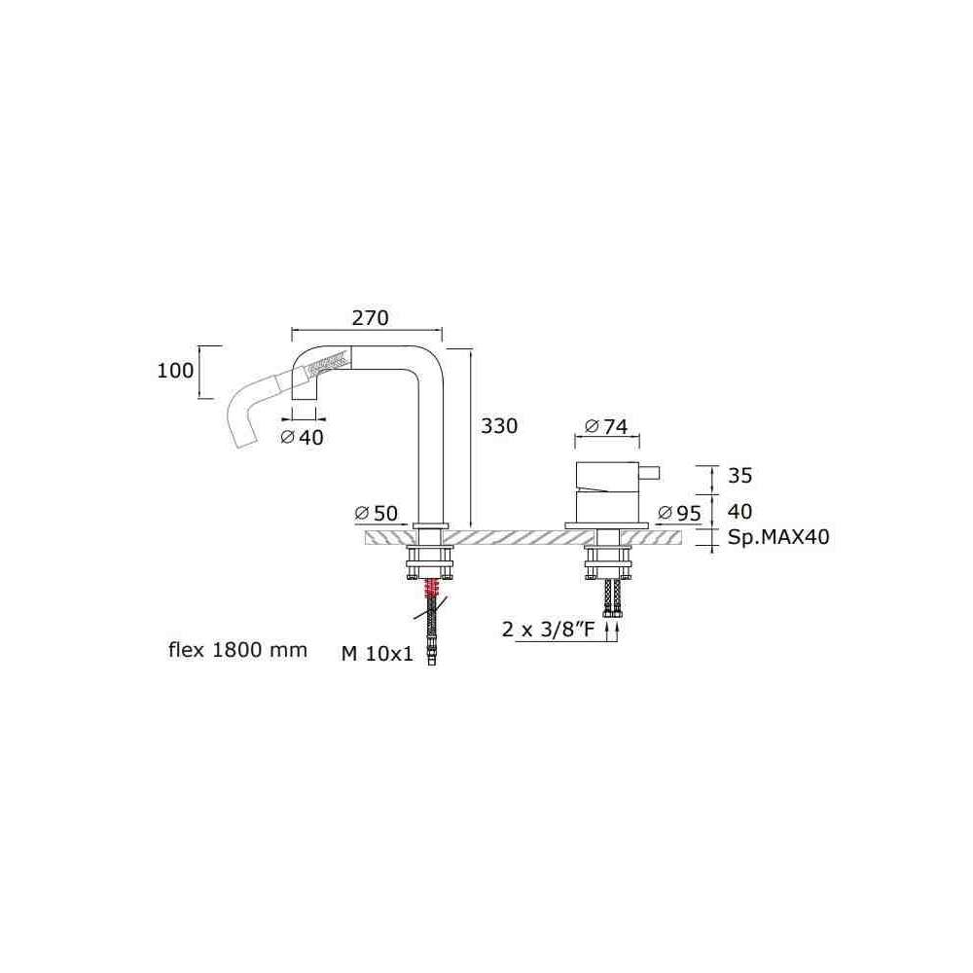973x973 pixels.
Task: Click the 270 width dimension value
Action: [x=370, y=318]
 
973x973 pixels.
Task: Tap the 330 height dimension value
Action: [x=499, y=426]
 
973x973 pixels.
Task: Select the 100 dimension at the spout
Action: [x=175, y=371]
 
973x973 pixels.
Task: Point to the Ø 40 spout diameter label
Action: [x=303, y=438]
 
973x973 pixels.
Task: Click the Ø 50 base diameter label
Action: [x=376, y=513]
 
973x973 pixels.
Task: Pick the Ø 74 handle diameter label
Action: [x=606, y=426]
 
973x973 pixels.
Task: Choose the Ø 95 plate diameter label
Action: [x=679, y=513]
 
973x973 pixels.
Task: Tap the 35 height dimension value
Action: [x=739, y=476]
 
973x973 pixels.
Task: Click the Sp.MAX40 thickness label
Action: [x=778, y=537]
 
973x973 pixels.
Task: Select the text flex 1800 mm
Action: [x=237, y=650]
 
